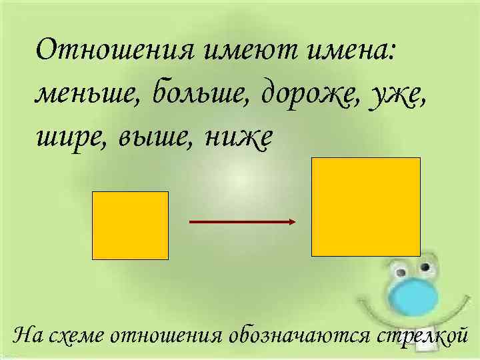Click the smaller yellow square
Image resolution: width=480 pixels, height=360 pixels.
(x=130, y=225)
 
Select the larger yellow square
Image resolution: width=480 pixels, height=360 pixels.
(x=366, y=207)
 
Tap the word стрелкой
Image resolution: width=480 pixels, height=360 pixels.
(x=420, y=335)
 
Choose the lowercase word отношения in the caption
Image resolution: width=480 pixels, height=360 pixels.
(x=169, y=335)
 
